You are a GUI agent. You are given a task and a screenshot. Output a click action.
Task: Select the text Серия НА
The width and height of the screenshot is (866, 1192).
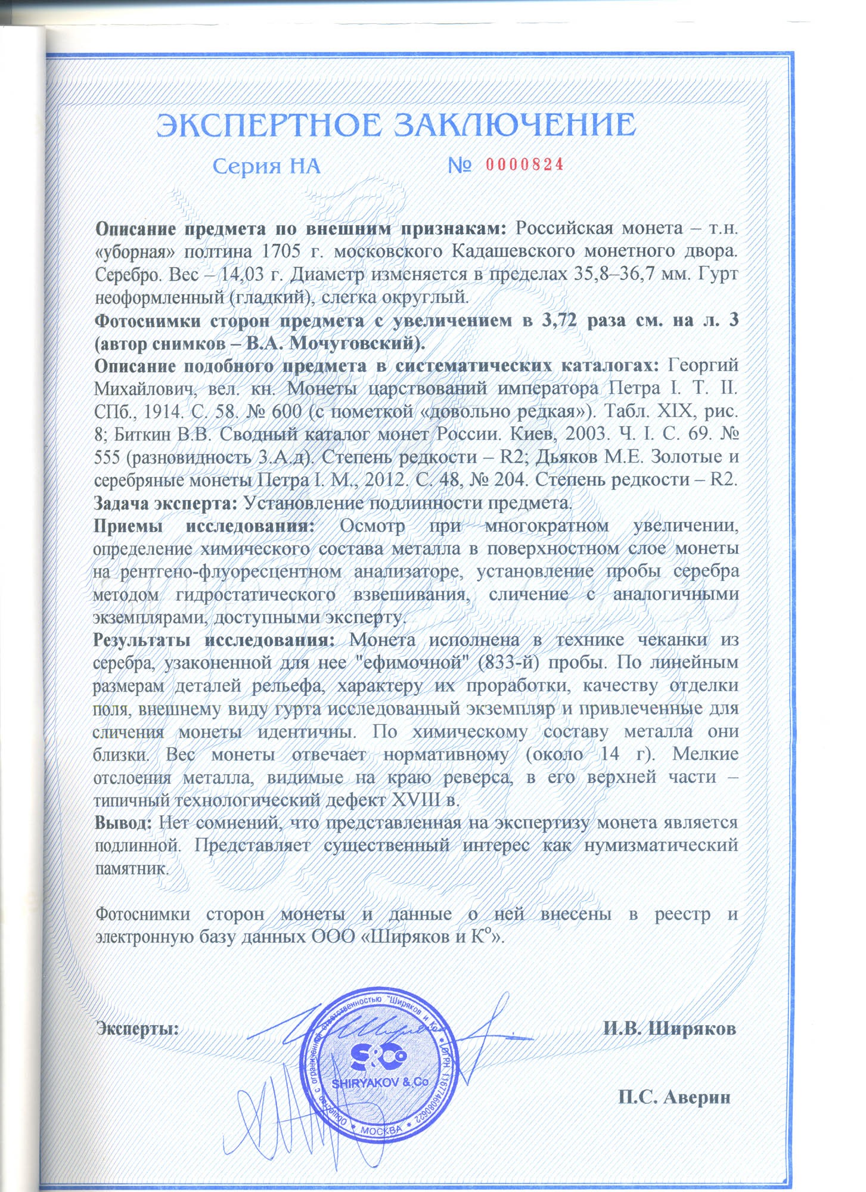tap(266, 166)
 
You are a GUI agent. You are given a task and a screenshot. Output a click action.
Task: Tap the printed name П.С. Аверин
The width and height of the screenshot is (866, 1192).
tap(674, 1097)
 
